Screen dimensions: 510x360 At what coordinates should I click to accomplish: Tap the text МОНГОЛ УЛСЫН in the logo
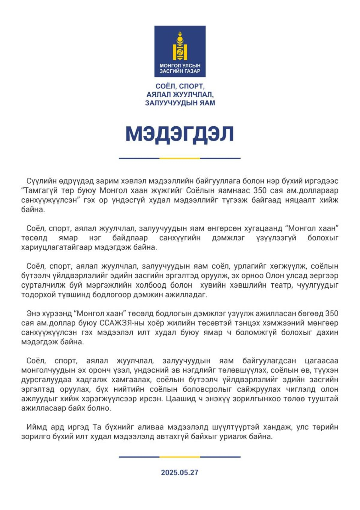point(180,66)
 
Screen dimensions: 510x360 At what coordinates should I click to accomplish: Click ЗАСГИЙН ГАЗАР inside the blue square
point(180,71)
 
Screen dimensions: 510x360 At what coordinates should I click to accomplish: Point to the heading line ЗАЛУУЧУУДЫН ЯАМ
point(180,103)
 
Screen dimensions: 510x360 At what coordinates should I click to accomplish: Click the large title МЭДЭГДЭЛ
point(179,134)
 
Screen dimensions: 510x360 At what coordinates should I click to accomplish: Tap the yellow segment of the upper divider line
point(180,158)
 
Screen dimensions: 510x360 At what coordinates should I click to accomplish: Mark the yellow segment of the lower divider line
point(180,457)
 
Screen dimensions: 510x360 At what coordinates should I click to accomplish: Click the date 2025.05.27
point(180,472)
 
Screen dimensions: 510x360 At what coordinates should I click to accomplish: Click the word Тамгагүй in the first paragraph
point(41,191)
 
